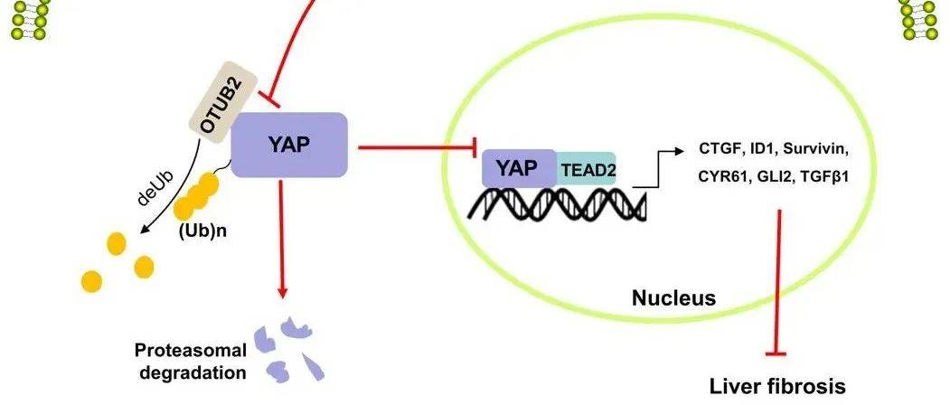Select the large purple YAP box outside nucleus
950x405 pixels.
pyautogui.click(x=289, y=145)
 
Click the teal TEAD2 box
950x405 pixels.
pyautogui.click(x=587, y=168)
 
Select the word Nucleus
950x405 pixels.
pyautogui.click(x=673, y=297)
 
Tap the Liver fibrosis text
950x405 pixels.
pyautogui.click(x=779, y=386)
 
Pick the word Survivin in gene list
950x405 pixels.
pyautogui.click(x=816, y=147)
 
